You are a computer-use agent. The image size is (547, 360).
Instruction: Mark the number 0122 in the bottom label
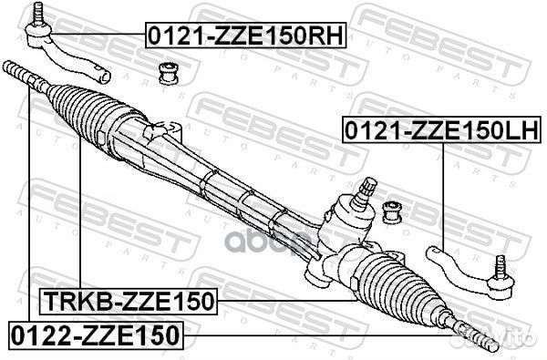tap(41, 334)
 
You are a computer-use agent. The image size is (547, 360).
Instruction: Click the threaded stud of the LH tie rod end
tap(499, 267)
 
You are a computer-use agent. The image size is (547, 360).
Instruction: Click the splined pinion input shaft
tap(368, 189)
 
